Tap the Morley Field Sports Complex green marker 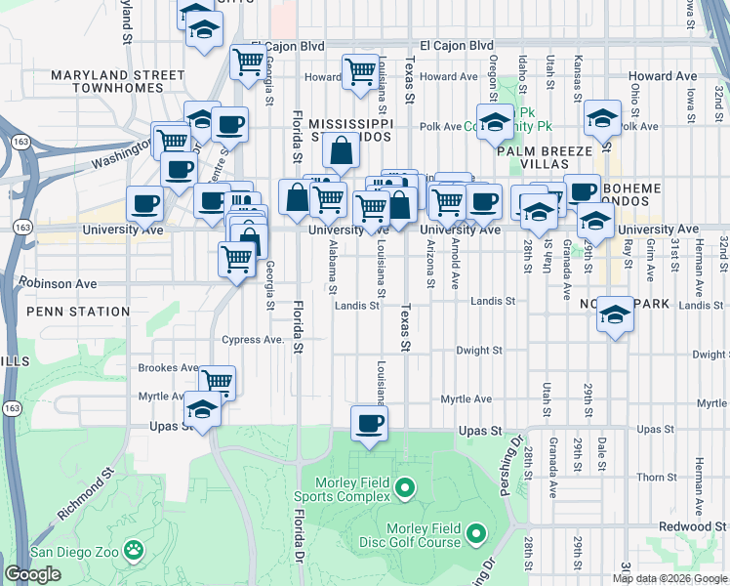click(408, 485)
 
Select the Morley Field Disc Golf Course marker click(476, 533)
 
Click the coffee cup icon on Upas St click(369, 423)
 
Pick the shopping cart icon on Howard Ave click(360, 71)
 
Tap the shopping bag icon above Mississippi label click(341, 151)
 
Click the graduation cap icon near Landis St click(614, 314)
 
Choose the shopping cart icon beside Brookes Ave click(217, 381)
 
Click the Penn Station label click(78, 312)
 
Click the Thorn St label click(650, 477)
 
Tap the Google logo click(32, 574)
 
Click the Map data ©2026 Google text click(669, 578)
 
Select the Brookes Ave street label click(168, 368)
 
